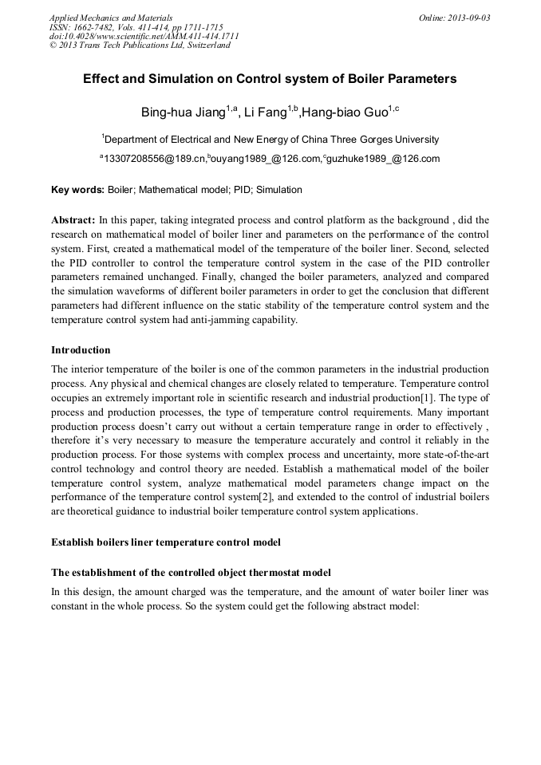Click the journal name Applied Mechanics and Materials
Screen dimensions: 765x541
pos(111,18)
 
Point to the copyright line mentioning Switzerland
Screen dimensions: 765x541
pos(140,45)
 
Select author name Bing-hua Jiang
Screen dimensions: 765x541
pos(184,112)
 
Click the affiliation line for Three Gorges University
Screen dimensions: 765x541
pos(270,139)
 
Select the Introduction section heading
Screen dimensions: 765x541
pos(81,350)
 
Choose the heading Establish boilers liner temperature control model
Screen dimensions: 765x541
pos(165,542)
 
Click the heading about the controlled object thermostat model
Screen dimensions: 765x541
pos(191,573)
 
